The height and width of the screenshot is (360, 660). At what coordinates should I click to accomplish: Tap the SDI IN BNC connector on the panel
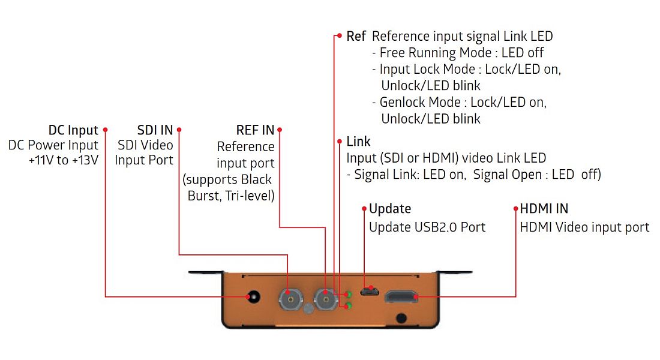click(x=289, y=297)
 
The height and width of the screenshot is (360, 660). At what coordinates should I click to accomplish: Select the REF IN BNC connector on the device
click(x=325, y=296)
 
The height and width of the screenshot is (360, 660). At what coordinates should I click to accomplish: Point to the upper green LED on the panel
click(x=347, y=293)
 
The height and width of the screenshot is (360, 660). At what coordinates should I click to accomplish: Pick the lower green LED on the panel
click(x=347, y=305)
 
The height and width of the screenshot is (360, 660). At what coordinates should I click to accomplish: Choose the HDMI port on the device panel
click(x=401, y=296)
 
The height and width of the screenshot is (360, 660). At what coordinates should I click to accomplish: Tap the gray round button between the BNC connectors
click(x=307, y=309)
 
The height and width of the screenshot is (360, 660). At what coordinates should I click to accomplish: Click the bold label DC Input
click(x=73, y=130)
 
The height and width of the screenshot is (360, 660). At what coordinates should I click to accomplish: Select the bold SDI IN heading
click(x=155, y=130)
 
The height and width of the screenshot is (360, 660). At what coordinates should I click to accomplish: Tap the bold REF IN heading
click(x=255, y=130)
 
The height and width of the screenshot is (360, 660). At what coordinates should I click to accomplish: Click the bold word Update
click(x=390, y=209)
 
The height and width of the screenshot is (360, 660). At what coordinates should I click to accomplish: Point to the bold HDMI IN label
click(x=544, y=209)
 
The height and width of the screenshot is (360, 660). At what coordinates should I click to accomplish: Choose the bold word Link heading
click(x=358, y=142)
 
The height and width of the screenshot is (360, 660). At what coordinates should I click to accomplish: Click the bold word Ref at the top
click(x=356, y=36)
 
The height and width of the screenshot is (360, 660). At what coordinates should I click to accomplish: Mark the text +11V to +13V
click(x=63, y=160)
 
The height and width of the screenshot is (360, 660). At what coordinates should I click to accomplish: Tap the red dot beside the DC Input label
click(x=105, y=130)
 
